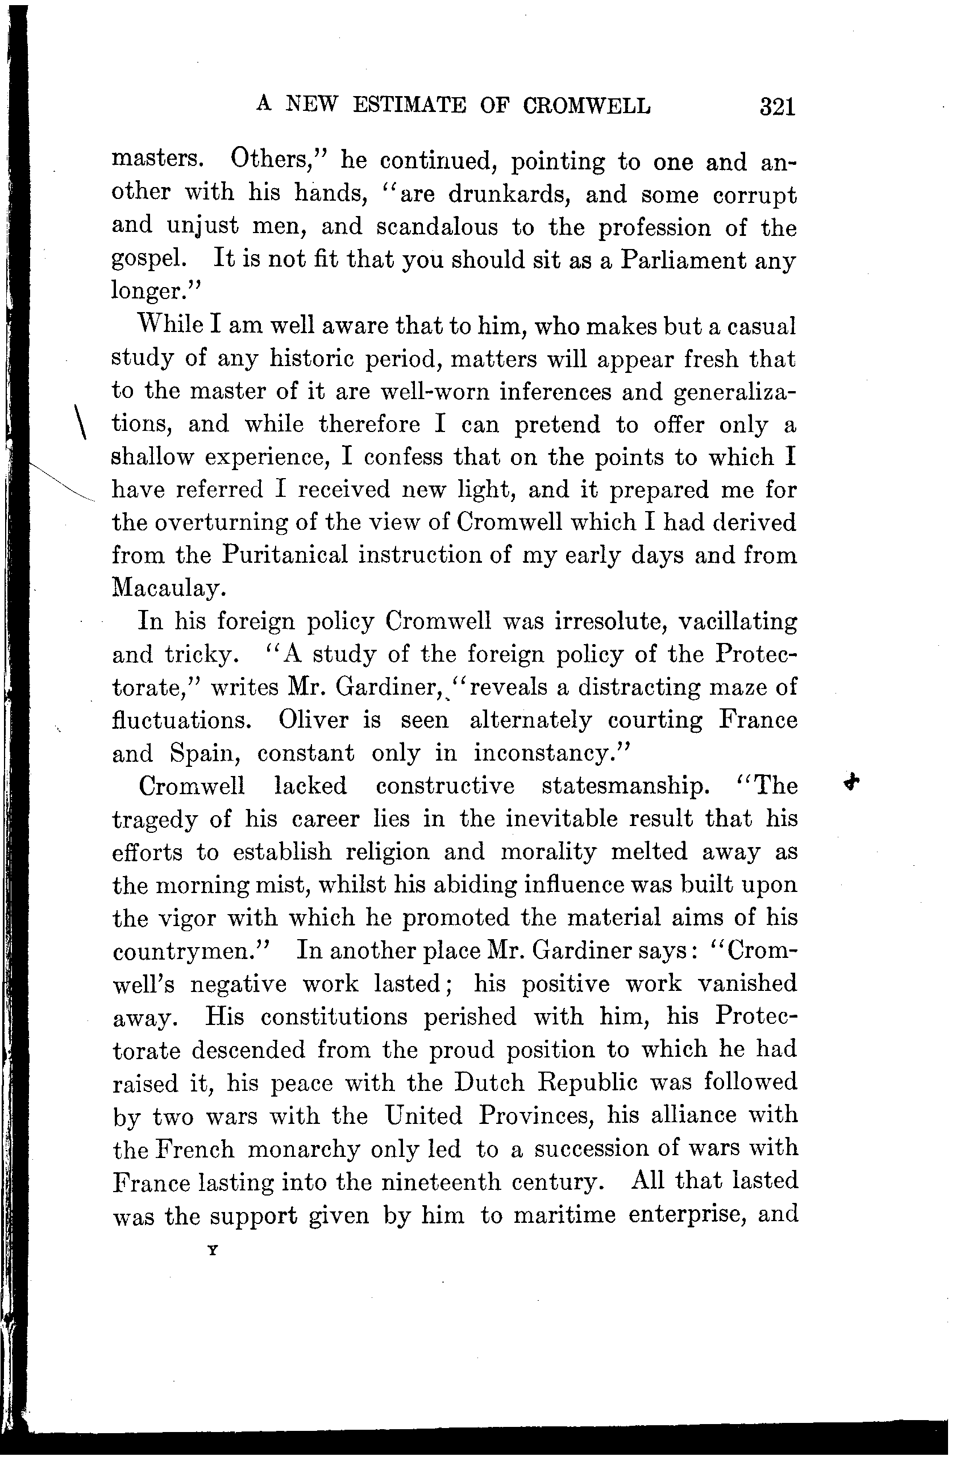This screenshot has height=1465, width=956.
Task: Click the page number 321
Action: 778,106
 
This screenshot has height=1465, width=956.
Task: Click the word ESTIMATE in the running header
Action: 409,106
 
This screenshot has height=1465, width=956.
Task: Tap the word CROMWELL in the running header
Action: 587,106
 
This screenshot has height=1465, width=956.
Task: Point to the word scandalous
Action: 437,227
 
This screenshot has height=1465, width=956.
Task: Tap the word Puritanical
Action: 284,555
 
